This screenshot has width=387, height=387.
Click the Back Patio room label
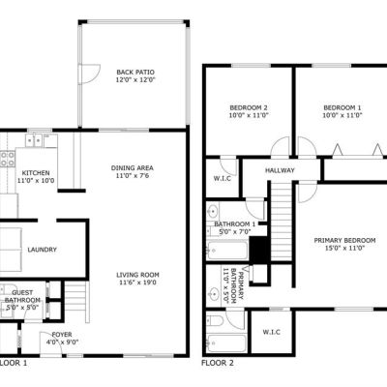coord(135,73)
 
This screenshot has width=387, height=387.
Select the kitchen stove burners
coord(8,160)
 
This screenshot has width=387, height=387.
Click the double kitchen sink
coord(34,140)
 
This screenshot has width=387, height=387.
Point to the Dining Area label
coord(133,168)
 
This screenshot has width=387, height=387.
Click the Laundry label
coord(42,250)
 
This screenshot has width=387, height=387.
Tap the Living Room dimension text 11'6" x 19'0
coord(136,283)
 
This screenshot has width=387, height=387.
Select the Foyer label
coord(62,335)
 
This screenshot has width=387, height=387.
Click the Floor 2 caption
coord(218,363)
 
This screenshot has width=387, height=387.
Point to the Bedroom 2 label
coord(249,107)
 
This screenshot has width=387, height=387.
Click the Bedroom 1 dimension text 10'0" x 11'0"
coord(342,115)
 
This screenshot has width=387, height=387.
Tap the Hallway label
coord(280,170)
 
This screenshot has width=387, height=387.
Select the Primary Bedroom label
coord(344,240)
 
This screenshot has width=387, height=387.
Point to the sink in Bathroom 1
coord(212,212)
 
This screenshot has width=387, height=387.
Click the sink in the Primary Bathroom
coord(213,294)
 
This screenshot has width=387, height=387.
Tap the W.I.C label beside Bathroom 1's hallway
coord(223,178)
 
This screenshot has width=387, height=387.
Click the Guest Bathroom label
coord(22,296)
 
